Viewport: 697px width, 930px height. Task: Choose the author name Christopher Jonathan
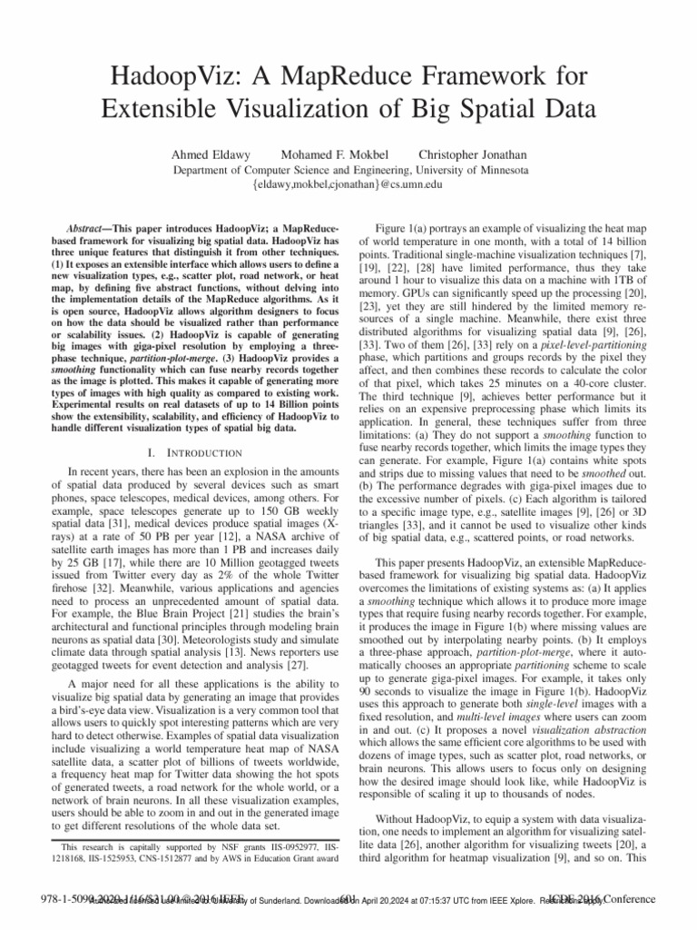pyautogui.click(x=475, y=153)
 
